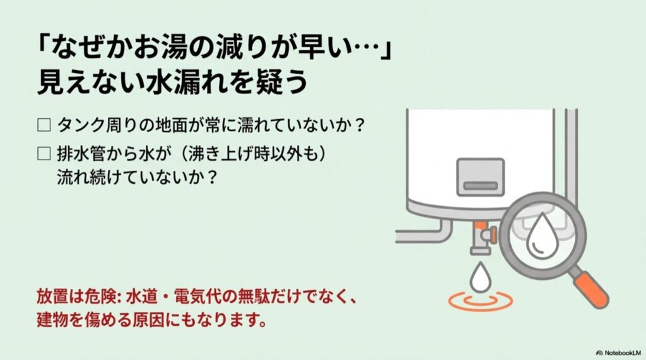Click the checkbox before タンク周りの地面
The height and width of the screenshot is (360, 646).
pos(44,124)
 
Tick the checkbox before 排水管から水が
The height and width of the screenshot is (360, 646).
pos(44,153)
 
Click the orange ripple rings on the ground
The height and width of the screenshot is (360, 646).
pos(480,301)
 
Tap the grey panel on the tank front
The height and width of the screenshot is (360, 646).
pos(480,176)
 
